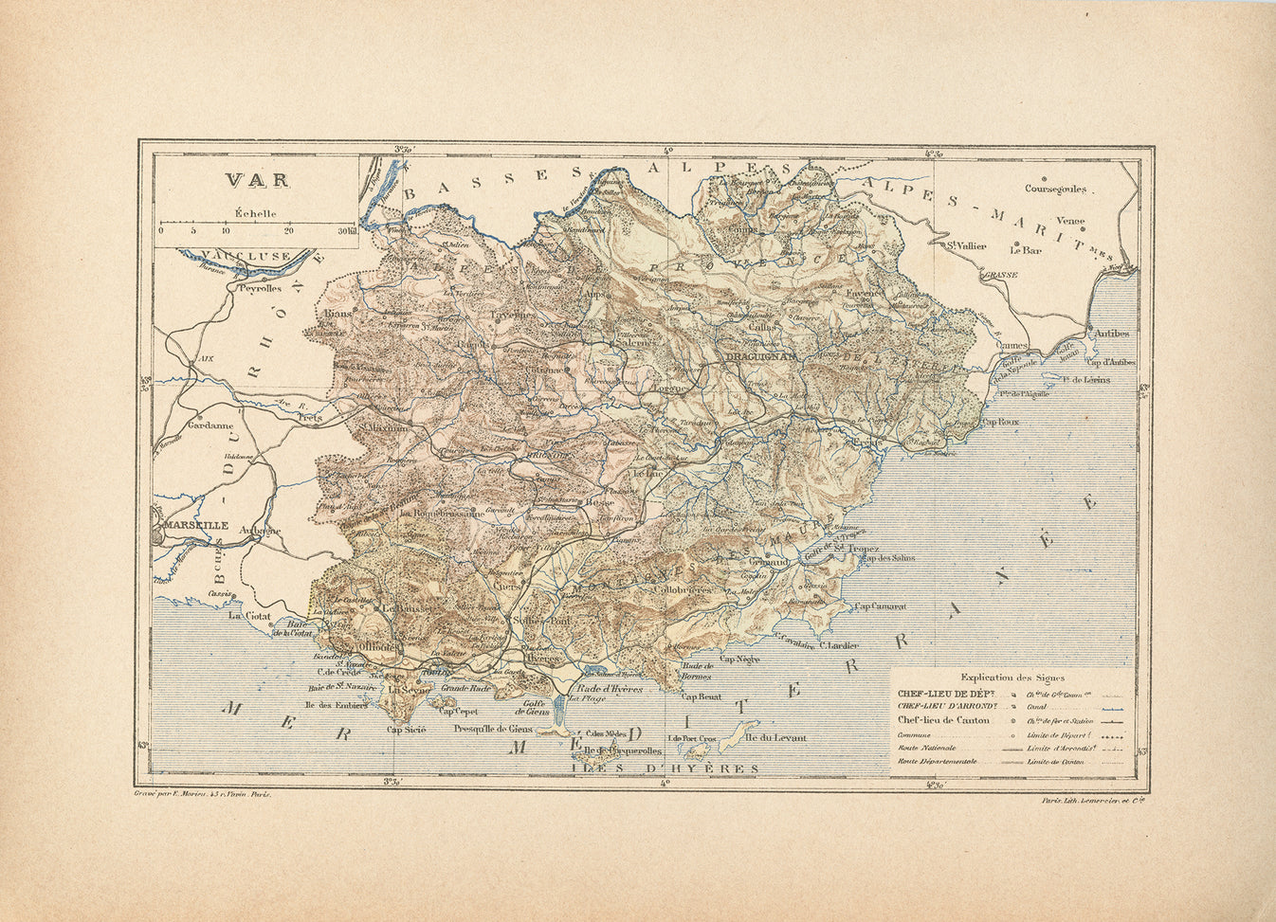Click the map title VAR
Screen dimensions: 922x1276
[x=246, y=179]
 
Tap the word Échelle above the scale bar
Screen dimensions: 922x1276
[x=256, y=213]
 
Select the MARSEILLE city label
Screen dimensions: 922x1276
[x=194, y=524]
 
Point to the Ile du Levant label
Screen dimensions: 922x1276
[x=775, y=738]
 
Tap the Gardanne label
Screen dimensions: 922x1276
[x=210, y=425]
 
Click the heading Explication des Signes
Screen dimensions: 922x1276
[x=1012, y=678]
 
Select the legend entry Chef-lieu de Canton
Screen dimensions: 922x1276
[x=943, y=719]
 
